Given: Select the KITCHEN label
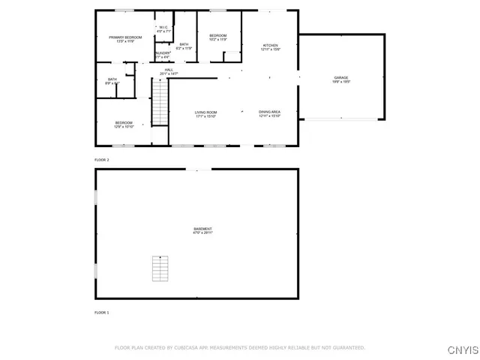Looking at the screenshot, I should pos(270,46).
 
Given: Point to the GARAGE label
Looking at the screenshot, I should pos(341,79).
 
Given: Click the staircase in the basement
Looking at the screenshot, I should pos(159,268).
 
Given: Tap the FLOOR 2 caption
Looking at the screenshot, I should pos(101,160).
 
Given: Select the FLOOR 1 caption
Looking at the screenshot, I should pos(101,312).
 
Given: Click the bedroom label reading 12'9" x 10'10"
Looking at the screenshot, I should pos(124,124).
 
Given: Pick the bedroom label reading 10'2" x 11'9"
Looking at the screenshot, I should pos(217,37).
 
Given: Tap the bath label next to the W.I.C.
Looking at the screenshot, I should pos(184,46).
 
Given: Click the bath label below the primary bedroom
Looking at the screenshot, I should pos(112,81).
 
